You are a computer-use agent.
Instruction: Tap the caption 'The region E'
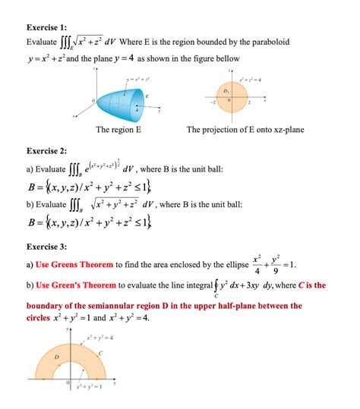click(x=119, y=130)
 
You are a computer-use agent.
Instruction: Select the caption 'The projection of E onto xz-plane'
click(x=245, y=130)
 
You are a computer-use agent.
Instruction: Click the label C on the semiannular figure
click(x=100, y=353)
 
